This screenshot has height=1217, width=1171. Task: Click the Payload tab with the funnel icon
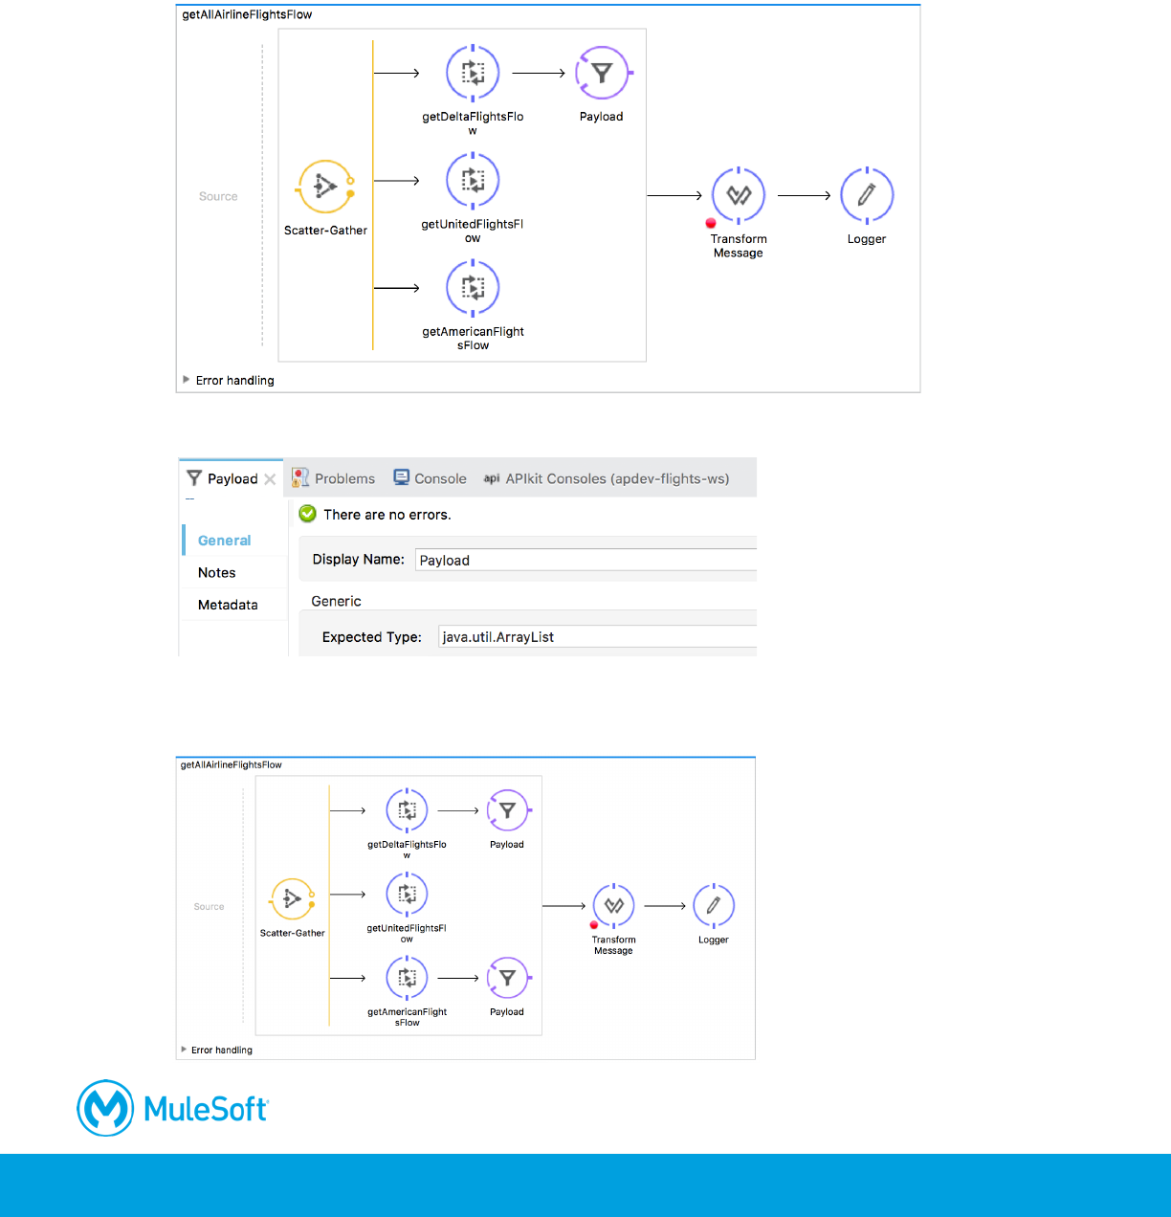(223, 478)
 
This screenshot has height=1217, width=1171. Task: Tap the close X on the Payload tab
(270, 479)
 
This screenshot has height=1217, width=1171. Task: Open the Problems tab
(334, 478)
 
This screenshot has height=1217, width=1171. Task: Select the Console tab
(431, 478)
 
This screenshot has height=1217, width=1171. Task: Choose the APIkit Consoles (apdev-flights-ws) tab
(607, 478)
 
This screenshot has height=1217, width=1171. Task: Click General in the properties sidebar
(224, 541)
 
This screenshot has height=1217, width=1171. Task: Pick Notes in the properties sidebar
(216, 572)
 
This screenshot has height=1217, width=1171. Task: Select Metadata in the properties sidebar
(228, 605)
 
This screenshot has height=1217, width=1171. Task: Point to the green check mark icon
(307, 514)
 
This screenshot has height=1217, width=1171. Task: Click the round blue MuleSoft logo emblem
(105, 1108)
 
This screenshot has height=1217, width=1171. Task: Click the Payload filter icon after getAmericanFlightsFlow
(507, 978)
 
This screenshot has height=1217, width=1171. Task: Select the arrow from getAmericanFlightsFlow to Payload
(458, 978)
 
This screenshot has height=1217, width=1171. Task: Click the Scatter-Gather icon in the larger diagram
(325, 187)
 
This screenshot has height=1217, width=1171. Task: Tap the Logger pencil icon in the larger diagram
(867, 195)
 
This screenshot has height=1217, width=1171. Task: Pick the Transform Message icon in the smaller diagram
(613, 905)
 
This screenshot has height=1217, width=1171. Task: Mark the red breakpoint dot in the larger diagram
(711, 223)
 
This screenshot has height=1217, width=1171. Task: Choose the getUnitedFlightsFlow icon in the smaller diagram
(407, 895)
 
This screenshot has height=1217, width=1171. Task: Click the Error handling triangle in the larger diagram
(186, 380)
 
